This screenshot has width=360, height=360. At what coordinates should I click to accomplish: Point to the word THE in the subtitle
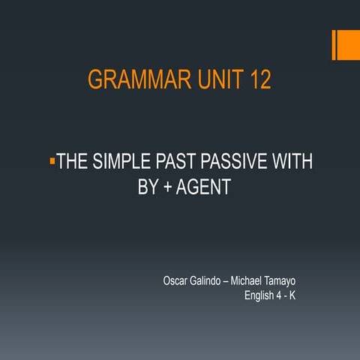(x=73, y=163)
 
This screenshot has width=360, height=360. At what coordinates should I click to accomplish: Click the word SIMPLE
(x=124, y=163)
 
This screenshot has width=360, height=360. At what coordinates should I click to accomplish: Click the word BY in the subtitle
(x=148, y=187)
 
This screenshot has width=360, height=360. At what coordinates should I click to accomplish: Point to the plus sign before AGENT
(x=168, y=188)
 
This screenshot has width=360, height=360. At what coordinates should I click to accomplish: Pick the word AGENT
(x=202, y=187)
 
